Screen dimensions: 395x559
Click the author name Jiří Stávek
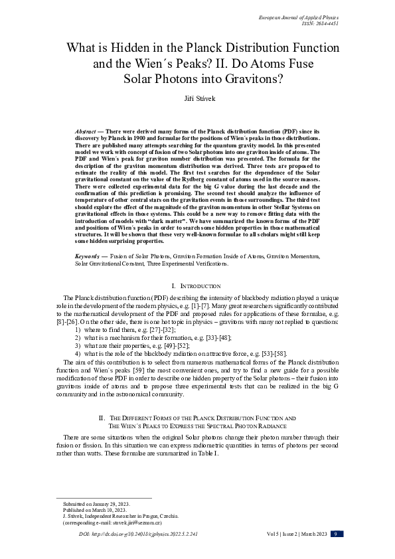tap(197, 98)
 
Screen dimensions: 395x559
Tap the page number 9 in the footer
tap(337, 534)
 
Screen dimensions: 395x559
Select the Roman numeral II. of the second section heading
tap(102, 418)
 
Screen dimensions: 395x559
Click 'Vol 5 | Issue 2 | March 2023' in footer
tap(289, 534)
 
